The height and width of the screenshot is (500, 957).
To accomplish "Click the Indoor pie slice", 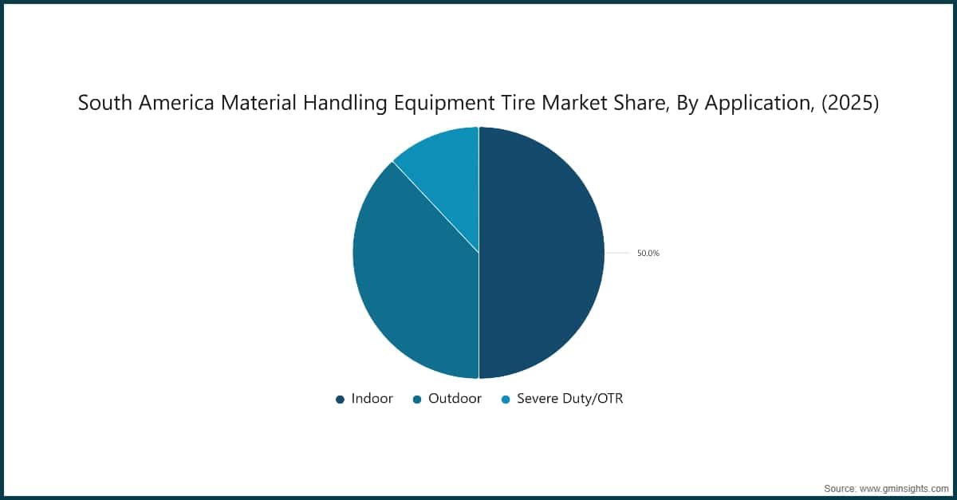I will (542, 253).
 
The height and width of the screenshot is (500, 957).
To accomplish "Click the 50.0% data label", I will (648, 254).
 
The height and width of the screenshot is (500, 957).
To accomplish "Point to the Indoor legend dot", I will (341, 400).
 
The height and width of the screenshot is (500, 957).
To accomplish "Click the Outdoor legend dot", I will (417, 400).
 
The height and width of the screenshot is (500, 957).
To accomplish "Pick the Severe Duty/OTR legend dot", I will (506, 400).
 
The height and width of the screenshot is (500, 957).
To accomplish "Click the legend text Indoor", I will (372, 399).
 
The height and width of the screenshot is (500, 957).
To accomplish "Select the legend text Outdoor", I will (455, 399).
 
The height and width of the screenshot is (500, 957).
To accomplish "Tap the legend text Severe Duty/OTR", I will (569, 399).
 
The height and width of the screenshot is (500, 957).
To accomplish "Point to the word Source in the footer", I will (839, 486).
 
